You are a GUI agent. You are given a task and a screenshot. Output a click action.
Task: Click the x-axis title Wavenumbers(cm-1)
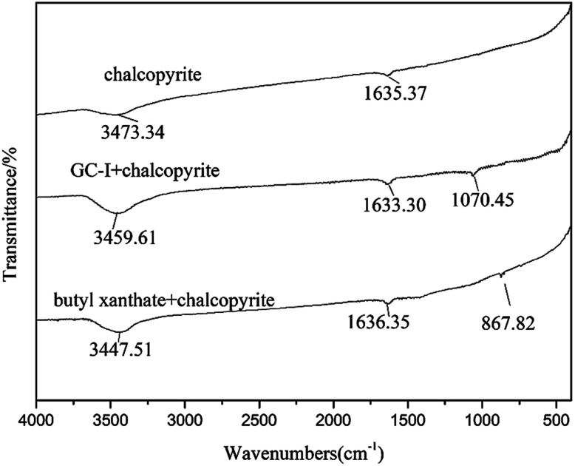[x=303, y=449]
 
